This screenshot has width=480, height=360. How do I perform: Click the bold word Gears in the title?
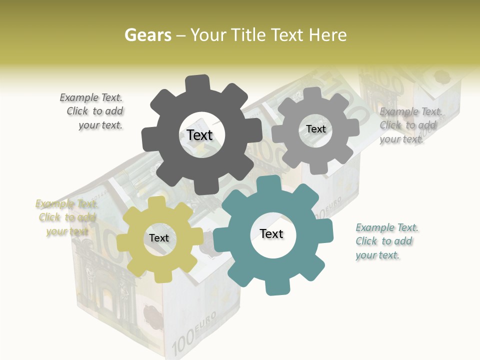pos(147,35)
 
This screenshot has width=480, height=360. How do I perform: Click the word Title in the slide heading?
pos(249,35)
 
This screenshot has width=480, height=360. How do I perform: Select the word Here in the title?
pos(327,35)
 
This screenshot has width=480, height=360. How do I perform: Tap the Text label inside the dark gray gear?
pos(199,135)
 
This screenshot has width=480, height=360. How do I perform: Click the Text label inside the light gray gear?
pos(315,129)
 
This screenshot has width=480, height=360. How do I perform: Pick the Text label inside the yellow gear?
pos(159,238)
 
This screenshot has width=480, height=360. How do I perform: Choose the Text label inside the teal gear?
pos(271,233)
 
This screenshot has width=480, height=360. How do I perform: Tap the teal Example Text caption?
pos(386,241)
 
